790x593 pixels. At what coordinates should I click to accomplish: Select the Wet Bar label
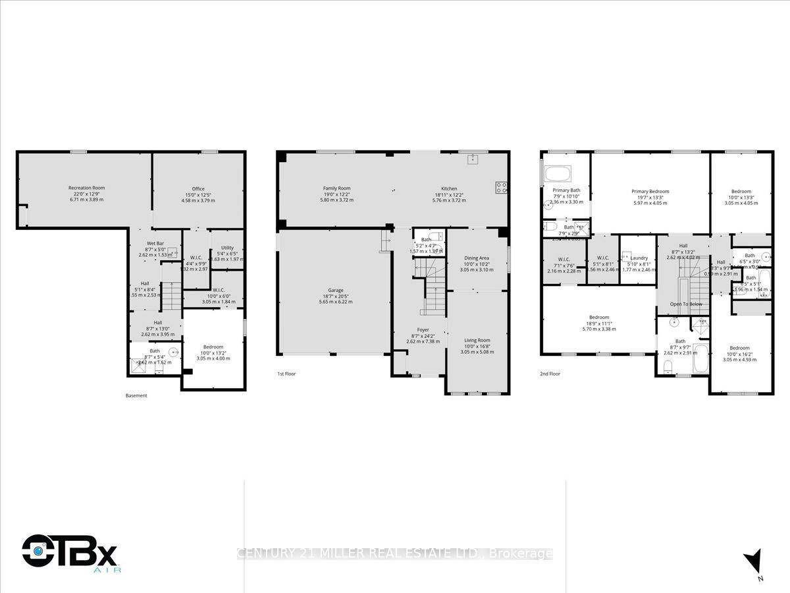tap(155, 243)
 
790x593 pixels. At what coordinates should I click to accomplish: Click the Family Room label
tap(336, 188)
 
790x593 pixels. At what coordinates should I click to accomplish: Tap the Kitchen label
tap(448, 188)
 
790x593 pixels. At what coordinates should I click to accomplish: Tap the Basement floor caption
tap(136, 396)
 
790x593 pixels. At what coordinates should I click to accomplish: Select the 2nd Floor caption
tap(549, 374)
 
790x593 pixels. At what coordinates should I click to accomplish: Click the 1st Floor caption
tap(286, 374)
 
